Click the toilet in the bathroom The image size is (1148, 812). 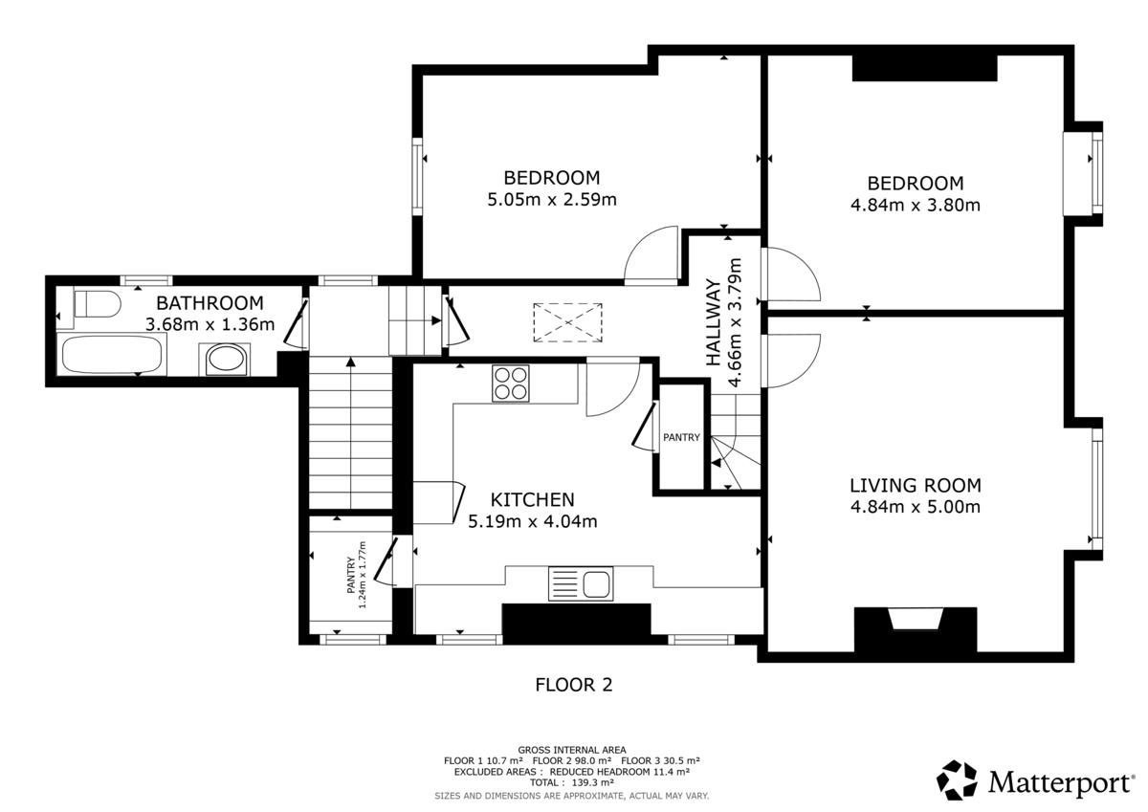97,304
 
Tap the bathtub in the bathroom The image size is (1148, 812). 112,355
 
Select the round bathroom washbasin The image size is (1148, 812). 226,358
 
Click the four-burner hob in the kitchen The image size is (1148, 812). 511,384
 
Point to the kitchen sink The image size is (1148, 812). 581,583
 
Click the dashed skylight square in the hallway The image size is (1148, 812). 568,322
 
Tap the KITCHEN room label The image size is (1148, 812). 533,499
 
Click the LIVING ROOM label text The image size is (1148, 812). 916,485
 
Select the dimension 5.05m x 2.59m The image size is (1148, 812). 552,199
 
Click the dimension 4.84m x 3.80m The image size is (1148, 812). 916,205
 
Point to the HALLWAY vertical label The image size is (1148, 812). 714,322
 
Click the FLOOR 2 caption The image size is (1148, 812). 574,685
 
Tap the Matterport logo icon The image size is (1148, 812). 957,779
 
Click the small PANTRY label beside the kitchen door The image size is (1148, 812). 681,437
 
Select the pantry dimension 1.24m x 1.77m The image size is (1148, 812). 363,575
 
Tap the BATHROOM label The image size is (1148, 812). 210,303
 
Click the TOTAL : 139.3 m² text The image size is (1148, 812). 572,782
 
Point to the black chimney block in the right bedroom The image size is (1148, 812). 925,68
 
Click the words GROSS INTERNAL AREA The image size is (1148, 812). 572,750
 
